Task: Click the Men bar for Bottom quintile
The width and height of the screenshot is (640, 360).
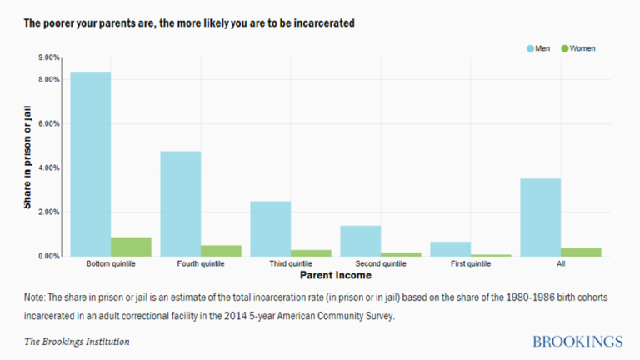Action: [x=90, y=164]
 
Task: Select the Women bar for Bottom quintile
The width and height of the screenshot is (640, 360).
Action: [x=131, y=247]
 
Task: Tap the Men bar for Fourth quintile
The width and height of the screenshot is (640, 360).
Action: [x=180, y=203]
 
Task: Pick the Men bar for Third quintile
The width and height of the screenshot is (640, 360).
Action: [x=270, y=228]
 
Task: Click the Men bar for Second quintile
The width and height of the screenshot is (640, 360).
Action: [x=360, y=241]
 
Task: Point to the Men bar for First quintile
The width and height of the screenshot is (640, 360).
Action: [x=450, y=248]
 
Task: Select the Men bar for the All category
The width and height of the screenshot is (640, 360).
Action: [x=540, y=217]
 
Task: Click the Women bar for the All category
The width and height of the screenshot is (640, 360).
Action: [x=581, y=252]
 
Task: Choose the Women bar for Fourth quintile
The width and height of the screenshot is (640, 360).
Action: [x=221, y=250]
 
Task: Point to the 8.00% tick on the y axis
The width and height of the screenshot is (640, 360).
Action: [x=48, y=79]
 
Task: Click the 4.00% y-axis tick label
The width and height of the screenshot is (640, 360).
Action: [x=48, y=167]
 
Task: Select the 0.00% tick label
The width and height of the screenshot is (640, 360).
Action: [x=48, y=256]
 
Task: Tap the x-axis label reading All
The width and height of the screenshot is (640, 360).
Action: [x=561, y=264]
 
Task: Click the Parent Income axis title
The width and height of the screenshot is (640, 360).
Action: [x=335, y=275]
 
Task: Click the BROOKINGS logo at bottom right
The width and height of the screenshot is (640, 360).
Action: [x=577, y=342]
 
